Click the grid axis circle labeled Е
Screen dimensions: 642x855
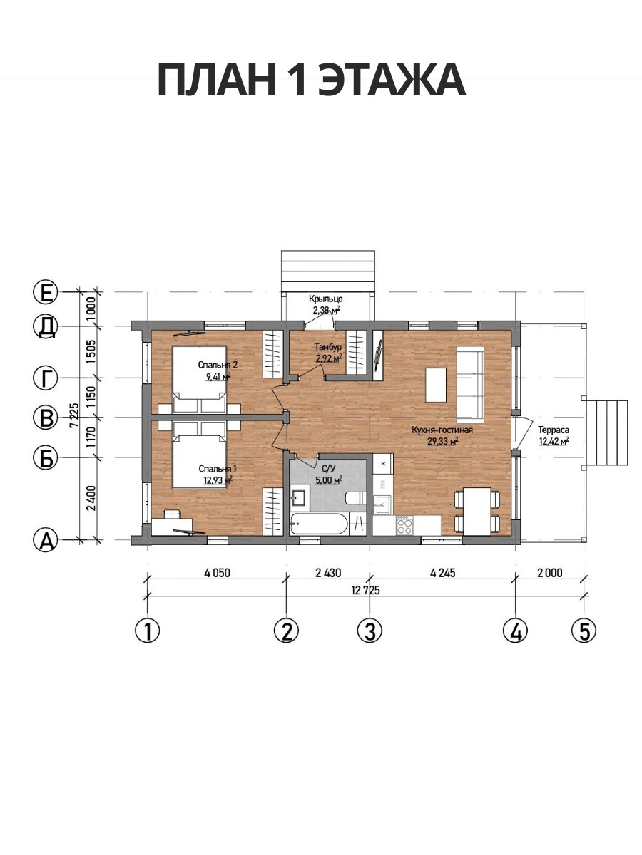46,292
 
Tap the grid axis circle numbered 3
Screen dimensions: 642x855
370,630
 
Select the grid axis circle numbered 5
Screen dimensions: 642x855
584,630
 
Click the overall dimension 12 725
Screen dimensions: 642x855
365,591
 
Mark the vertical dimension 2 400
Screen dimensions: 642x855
91,498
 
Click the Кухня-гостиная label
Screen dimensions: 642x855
442,430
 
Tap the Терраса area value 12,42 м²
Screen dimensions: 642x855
554,441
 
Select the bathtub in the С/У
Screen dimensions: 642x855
318,524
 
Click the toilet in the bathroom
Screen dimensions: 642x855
355,499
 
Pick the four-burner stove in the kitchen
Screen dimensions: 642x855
404,525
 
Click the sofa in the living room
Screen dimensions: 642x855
470,384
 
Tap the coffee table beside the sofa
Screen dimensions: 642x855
436,385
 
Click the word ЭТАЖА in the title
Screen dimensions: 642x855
392,81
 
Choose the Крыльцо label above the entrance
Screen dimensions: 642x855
326,299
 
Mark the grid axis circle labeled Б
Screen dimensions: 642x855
46,458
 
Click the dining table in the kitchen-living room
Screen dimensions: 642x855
477,512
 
